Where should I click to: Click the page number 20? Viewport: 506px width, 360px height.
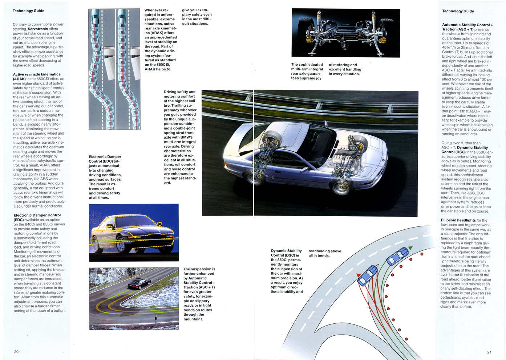point(16,351)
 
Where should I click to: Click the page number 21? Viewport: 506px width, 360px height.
point(489,352)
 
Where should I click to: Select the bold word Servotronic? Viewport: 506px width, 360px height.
point(38,29)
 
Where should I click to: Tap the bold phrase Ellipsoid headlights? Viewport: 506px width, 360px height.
point(458,220)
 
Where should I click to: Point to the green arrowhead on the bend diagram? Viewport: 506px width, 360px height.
point(410,248)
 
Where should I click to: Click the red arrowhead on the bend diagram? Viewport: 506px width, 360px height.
point(359,275)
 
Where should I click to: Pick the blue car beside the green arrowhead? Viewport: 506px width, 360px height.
point(397,256)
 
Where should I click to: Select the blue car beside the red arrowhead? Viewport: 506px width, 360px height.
point(368,275)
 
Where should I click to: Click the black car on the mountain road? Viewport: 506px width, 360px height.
point(139,284)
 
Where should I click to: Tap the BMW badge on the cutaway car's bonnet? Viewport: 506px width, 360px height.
point(382,160)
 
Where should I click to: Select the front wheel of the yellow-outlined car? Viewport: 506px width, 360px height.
point(121,245)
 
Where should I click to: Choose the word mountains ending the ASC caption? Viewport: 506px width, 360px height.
point(193,319)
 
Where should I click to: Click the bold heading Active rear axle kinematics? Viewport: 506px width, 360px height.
point(37,74)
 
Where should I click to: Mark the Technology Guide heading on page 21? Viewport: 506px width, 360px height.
point(458,11)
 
